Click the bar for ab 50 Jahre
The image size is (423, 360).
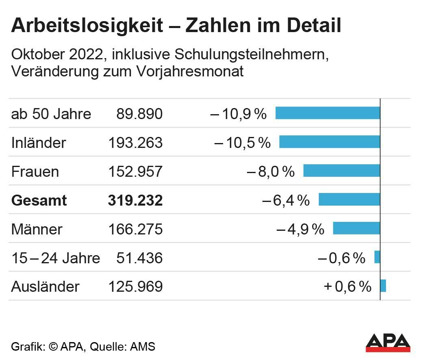coord(328,113)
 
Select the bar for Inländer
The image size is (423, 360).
coord(330,142)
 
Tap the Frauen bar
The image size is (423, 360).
coord(341,171)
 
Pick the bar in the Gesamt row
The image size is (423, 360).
coord(349,200)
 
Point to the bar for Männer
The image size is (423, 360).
coord(356,228)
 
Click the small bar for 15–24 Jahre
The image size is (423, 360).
coord(377,257)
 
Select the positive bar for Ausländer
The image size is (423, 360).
coord(383,286)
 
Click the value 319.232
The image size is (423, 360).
coord(135,200)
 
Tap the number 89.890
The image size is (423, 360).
coord(139,114)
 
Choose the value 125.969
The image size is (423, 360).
coord(135,287)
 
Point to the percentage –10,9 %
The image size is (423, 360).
coord(239,114)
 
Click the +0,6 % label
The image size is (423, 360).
coord(347,287)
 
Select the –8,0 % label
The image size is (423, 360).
coord(271,171)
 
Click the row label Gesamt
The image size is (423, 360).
coord(39,200)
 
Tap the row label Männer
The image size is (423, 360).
coord(37,229)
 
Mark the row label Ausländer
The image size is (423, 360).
coord(45,287)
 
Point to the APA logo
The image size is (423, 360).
coord(388,343)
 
